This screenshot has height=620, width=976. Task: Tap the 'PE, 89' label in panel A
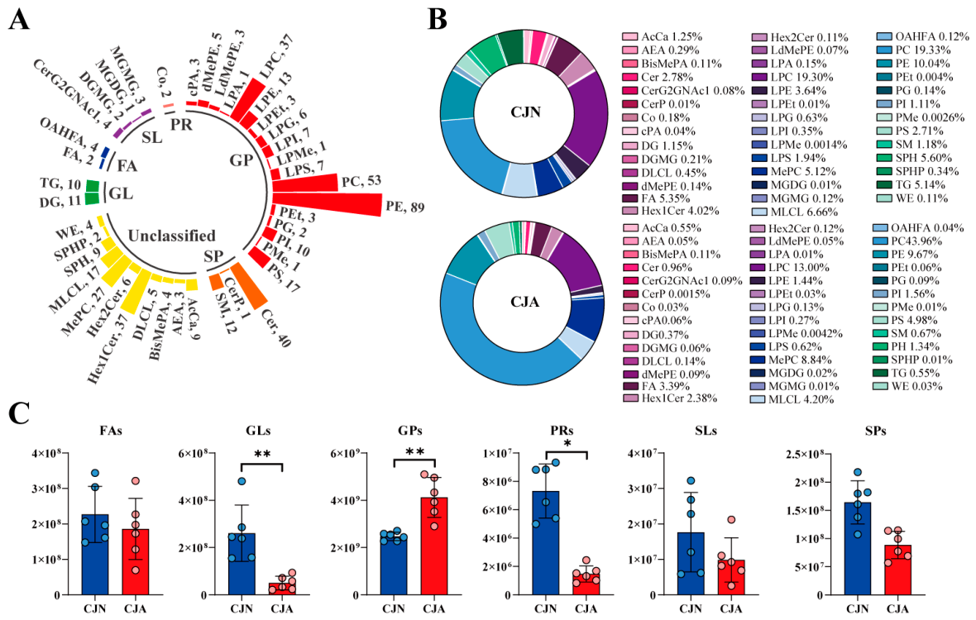(405, 207)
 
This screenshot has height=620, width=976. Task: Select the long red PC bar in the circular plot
(305, 183)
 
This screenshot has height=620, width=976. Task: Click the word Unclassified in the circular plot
(172, 236)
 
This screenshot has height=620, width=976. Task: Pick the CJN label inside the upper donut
(525, 112)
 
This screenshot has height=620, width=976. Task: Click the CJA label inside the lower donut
(524, 302)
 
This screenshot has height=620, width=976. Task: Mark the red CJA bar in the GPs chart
(434, 546)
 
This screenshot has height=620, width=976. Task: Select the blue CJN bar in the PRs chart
(546, 543)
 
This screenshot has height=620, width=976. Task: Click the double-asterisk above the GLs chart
(262, 454)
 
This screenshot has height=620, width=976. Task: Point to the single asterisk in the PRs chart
(567, 443)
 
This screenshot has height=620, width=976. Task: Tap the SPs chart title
(875, 431)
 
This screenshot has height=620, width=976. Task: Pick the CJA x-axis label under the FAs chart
(135, 608)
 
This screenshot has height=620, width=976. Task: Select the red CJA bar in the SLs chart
(730, 578)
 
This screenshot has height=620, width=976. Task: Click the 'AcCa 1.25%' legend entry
(663, 36)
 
